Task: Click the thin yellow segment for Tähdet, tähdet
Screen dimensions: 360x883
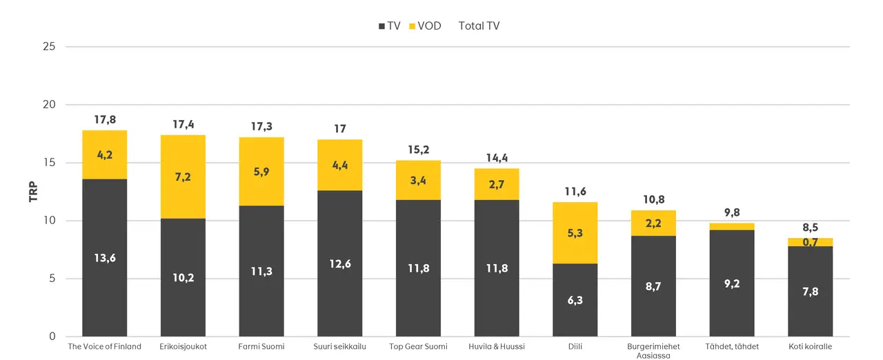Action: coord(732,226)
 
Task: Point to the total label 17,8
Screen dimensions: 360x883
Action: coord(105,120)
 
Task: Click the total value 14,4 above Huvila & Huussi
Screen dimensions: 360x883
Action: coord(497,159)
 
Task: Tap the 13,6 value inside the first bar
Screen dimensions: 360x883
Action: coord(105,258)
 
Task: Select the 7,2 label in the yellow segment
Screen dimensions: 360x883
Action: coord(183,177)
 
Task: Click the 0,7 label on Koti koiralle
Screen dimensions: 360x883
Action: coord(810,242)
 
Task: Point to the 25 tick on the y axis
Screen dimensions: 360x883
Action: coord(50,47)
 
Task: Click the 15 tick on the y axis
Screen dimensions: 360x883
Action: coord(50,163)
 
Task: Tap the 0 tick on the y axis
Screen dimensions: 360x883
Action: coord(52,337)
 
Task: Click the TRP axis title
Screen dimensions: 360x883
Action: coord(33,191)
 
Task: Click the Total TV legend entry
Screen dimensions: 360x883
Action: coord(479,26)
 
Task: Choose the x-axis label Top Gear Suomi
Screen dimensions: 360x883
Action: coord(418,346)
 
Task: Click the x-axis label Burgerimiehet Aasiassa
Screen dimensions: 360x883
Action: coord(653,350)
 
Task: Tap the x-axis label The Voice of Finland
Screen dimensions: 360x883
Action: coord(105,346)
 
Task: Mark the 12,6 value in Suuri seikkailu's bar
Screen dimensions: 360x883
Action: coord(340,263)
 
